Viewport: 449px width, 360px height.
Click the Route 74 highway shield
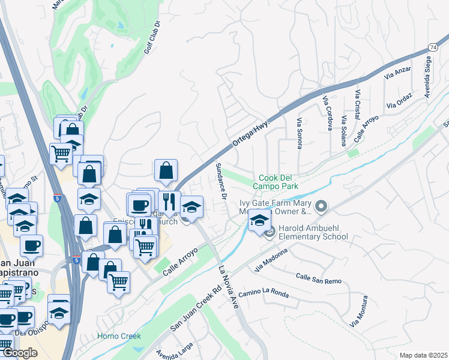(433, 47)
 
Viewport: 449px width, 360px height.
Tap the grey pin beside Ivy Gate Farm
(322, 207)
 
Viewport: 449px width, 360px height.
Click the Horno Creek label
(119, 336)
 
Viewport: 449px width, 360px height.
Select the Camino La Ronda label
(263, 294)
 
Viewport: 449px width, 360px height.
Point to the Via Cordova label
(328, 113)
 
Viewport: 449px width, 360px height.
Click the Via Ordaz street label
(400, 100)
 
